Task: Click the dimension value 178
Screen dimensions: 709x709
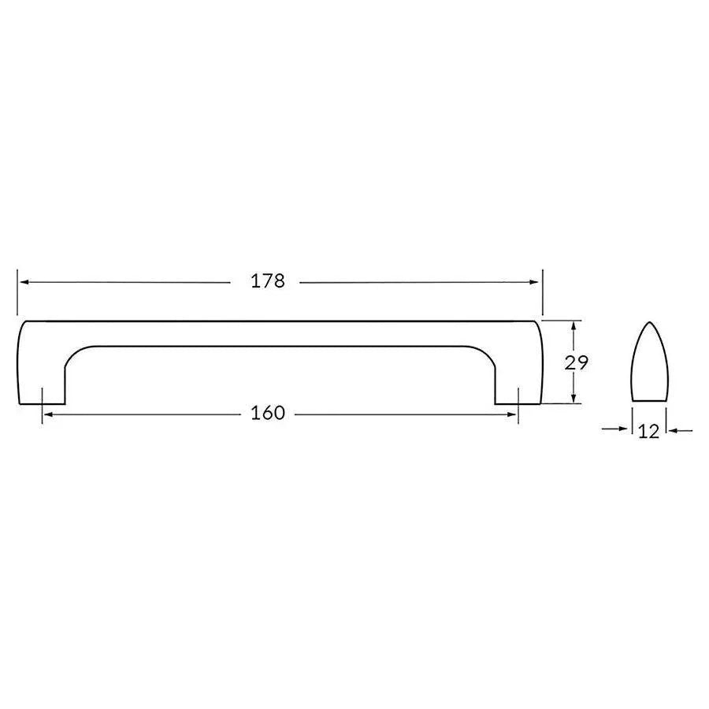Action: point(268,281)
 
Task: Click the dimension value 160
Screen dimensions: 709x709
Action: point(268,414)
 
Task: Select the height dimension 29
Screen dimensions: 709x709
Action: point(577,362)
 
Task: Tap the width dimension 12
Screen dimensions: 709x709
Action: point(649,432)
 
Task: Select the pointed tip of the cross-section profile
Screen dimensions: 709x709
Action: point(649,323)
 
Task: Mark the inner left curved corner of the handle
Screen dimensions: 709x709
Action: point(75,354)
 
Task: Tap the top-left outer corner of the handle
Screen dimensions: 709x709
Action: point(21,323)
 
